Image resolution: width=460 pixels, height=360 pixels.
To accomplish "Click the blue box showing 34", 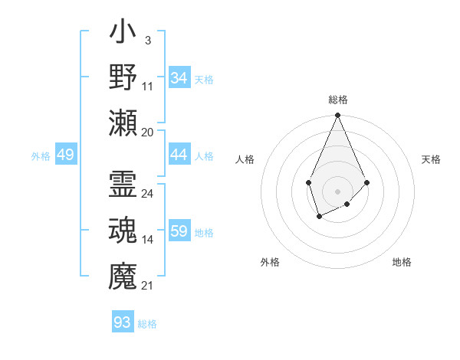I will [179, 78].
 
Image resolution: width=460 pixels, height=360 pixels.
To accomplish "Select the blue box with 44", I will [179, 155].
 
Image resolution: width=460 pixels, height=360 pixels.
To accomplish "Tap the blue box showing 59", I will [179, 231].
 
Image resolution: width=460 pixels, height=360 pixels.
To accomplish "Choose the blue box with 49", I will [66, 155].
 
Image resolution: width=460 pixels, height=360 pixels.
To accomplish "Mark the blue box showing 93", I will [123, 322].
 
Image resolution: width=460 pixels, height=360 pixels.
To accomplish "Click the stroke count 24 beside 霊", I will [147, 194].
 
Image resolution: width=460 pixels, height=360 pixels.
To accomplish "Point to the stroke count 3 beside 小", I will [147, 41].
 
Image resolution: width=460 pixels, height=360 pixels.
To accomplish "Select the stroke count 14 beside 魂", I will [148, 240].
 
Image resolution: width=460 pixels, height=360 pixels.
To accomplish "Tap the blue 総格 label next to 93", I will [148, 324].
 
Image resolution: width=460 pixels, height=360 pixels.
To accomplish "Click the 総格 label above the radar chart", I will [337, 100].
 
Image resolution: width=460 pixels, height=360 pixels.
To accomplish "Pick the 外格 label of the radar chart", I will [270, 263].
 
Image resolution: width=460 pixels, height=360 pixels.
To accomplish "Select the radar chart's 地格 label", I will [402, 263].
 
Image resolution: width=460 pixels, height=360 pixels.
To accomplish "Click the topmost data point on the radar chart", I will [337, 116].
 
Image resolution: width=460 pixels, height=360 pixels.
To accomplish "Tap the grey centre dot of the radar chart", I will [337, 191].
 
